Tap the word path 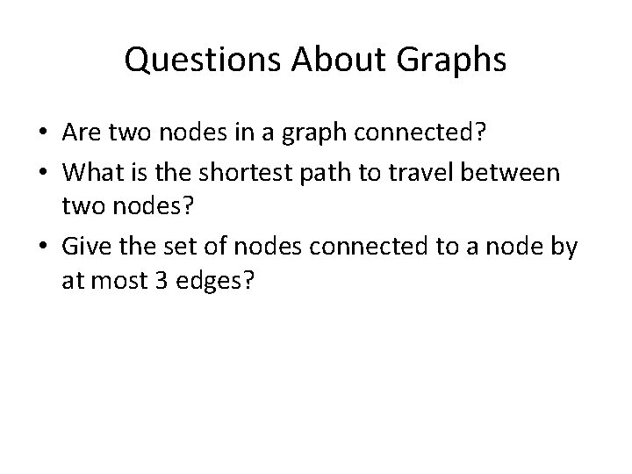[348, 172]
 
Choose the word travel [447, 172]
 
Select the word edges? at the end [219, 283]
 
